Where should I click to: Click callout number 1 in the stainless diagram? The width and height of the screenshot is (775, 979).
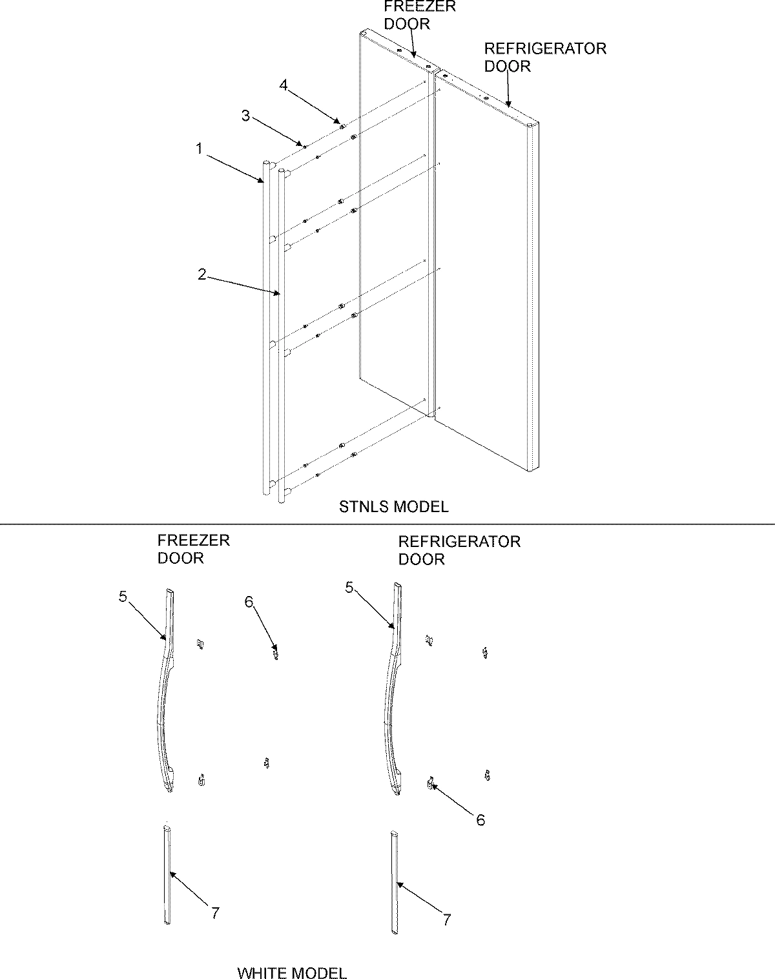[x=200, y=149]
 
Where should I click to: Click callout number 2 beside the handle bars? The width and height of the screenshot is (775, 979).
[x=202, y=274]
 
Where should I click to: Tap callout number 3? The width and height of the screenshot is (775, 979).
[x=245, y=116]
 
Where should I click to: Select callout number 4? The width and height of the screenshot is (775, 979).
[x=283, y=85]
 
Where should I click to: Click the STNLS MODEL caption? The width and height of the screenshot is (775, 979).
[x=393, y=507]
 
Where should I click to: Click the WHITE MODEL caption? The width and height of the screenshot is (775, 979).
[x=292, y=973]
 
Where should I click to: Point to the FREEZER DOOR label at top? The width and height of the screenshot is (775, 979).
[x=419, y=15]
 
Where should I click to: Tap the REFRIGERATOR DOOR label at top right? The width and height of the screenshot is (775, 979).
[x=545, y=57]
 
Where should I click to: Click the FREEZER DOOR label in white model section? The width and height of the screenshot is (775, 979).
[x=193, y=549]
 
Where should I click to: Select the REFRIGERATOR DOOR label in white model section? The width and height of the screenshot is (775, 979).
[x=459, y=550]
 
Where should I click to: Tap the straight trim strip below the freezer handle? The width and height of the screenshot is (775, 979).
[x=168, y=874]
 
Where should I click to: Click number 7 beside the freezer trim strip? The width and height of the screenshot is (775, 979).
[x=215, y=913]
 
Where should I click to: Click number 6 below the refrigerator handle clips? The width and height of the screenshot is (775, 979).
[x=480, y=819]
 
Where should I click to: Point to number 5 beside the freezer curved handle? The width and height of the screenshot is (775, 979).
[x=123, y=596]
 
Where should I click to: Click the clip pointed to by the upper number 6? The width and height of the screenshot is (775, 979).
[x=276, y=654]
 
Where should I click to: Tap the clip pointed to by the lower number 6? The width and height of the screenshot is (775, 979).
[x=429, y=783]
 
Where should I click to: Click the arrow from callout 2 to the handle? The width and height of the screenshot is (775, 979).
[x=242, y=285]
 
